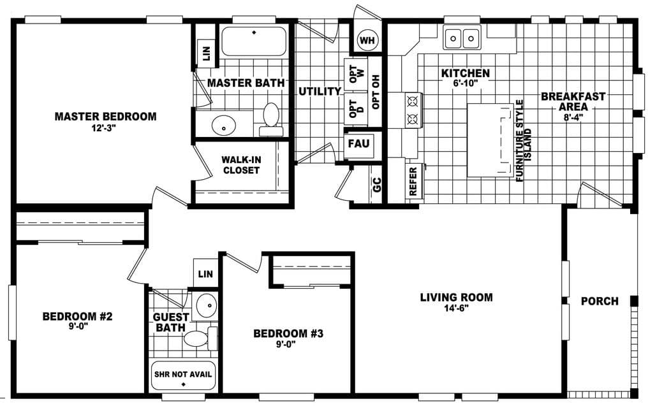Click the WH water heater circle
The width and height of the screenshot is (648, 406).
coord(367,41)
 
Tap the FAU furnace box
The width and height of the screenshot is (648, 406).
coord(357,144)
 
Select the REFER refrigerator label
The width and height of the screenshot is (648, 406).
coord(413,182)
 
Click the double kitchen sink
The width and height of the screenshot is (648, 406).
coord(462,39)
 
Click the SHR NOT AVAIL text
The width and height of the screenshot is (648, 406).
coord(183,374)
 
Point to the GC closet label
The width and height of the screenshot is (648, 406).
coord(376,185)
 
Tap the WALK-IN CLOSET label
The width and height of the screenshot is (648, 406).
coord(240,165)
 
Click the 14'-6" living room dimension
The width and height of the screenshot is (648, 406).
coord(456,308)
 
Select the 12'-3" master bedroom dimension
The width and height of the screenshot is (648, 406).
coord(105,128)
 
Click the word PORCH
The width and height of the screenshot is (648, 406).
coord(600,301)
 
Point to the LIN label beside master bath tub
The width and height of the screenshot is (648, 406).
coord(206,51)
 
